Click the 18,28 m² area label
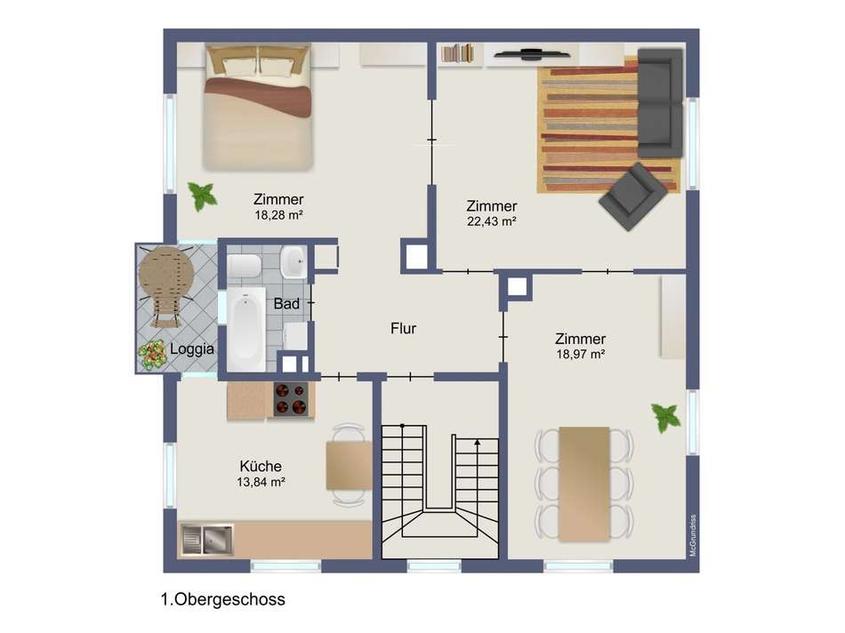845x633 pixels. tap(278, 215)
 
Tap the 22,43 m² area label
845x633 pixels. tap(492, 220)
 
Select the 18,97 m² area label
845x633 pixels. tap(581, 354)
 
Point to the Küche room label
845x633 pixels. tap(261, 466)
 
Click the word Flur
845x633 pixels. tap(403, 328)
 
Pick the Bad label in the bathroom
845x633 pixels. tap(286, 304)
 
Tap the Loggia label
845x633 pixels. tap(192, 349)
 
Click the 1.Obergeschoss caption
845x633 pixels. tap(222, 599)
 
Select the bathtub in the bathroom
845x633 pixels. tap(245, 329)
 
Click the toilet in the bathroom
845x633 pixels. tap(244, 266)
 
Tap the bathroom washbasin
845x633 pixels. tap(294, 261)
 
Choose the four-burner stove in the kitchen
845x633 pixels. tap(291, 399)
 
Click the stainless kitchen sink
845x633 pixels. tap(207, 540)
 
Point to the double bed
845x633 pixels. tap(258, 108)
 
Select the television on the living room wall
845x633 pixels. tap(532, 52)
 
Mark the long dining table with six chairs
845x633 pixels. tap(584, 484)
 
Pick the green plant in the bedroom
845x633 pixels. tap(202, 196)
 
